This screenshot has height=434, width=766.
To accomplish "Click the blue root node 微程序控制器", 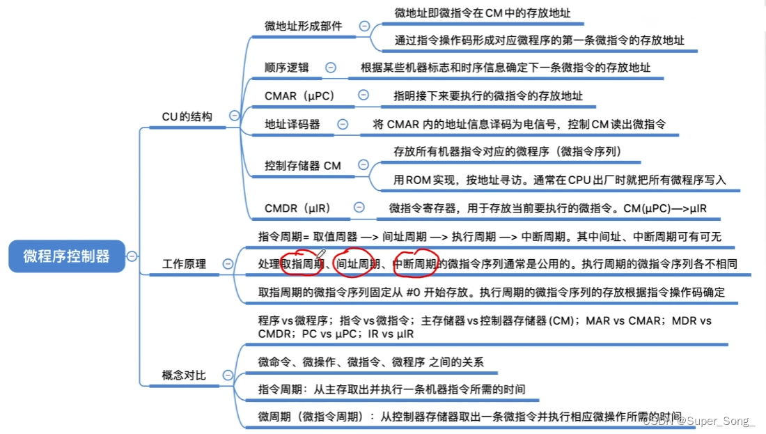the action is click(66, 256).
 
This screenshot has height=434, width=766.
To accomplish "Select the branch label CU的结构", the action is click(187, 116).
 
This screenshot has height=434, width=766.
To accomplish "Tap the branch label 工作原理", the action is click(184, 264).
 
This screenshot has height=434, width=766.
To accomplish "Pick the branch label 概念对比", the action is click(184, 375).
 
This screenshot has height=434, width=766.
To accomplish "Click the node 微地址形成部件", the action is click(303, 26).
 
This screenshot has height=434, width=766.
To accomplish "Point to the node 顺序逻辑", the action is click(287, 68).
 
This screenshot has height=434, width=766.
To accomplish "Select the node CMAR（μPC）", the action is click(299, 95).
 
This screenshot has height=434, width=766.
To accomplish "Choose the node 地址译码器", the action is click(292, 124).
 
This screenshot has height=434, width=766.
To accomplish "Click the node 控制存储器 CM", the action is click(303, 165).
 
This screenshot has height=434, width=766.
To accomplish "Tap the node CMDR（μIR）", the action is click(297, 208).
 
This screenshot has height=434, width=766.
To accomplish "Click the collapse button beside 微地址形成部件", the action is click(364, 26).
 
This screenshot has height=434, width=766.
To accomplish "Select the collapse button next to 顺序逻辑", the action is click(331, 68).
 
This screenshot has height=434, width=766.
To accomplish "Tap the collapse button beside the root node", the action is click(132, 256).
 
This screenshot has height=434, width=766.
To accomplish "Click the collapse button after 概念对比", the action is click(228, 375).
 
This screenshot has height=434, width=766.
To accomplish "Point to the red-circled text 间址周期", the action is click(357, 264).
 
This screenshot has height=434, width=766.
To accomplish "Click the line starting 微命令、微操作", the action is click(370, 362).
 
